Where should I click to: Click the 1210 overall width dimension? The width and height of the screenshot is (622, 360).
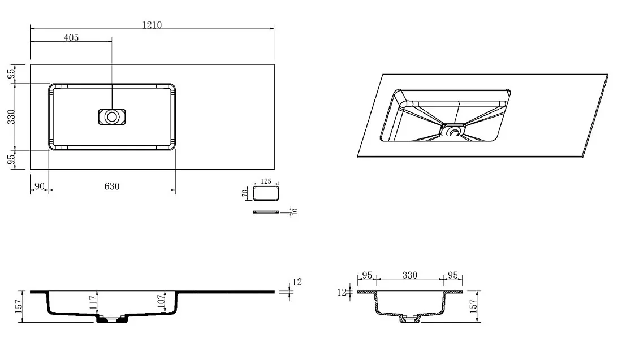click(152, 25)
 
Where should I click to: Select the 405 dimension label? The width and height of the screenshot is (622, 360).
click(71, 38)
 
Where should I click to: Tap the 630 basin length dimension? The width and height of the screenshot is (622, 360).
click(112, 186)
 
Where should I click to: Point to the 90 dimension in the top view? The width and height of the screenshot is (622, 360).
click(40, 186)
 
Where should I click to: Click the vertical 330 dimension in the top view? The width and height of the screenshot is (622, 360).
click(11, 117)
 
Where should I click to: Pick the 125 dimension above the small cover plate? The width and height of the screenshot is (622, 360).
click(266, 181)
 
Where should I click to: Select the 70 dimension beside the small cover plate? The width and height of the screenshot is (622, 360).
click(245, 193)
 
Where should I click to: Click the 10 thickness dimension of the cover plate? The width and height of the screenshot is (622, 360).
click(295, 212)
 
